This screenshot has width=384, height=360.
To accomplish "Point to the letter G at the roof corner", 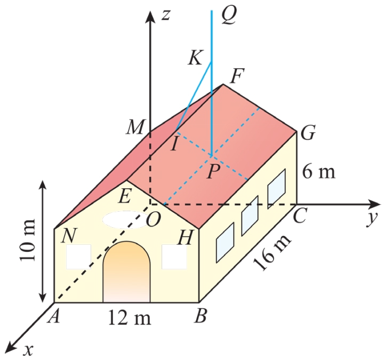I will [307, 133].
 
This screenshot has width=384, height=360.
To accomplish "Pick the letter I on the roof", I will [173, 144].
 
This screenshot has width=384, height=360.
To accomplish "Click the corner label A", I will [53, 317].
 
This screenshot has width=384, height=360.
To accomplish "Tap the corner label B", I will [201, 317].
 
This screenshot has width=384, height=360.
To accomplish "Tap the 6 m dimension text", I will [318, 172].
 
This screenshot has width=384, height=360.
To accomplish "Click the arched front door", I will [126, 273].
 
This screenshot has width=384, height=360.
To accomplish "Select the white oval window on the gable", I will [124, 220].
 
